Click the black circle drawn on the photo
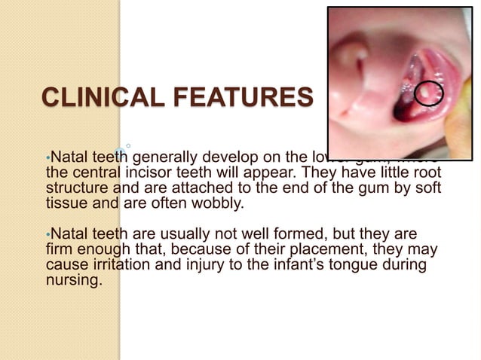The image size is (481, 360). click(428, 93)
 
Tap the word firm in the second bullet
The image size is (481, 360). click(59, 250)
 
